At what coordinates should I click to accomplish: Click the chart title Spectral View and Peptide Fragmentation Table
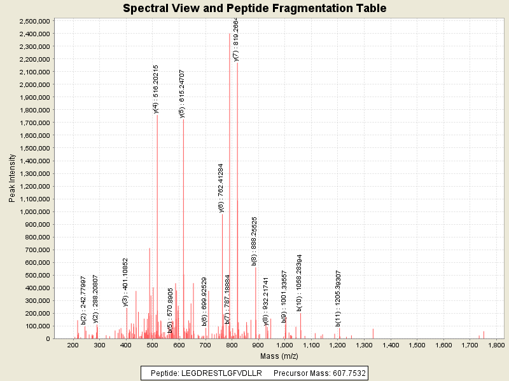[254, 8]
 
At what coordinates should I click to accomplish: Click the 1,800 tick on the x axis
[496, 345]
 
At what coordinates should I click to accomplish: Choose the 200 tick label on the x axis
[73, 345]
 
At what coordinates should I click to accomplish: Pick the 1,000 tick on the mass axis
[284, 345]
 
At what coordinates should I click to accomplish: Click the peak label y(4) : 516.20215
[156, 89]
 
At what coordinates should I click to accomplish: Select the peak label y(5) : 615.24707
[182, 94]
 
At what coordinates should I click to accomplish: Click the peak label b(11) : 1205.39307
[338, 298]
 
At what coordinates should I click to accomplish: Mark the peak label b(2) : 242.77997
[83, 300]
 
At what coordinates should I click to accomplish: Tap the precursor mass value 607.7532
[346, 373]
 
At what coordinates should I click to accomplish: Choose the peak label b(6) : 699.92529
[204, 301]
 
